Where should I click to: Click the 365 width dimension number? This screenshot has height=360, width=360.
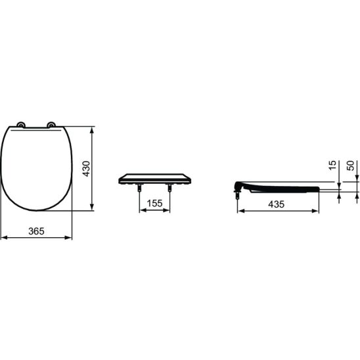click(36, 231)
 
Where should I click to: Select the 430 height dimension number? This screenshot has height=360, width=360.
click(87, 169)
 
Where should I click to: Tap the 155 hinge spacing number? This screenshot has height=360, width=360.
click(154, 203)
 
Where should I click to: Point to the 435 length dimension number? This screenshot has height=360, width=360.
click(276, 204)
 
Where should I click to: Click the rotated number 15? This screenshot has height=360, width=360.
click(332, 165)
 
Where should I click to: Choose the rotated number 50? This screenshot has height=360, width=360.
click(350, 166)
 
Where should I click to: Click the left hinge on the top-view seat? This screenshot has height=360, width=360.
click(21, 124)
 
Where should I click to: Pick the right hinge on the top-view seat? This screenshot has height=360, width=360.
click(51, 124)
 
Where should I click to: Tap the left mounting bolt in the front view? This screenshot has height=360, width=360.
click(139, 188)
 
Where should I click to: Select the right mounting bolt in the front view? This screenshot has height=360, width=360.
click(169, 188)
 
